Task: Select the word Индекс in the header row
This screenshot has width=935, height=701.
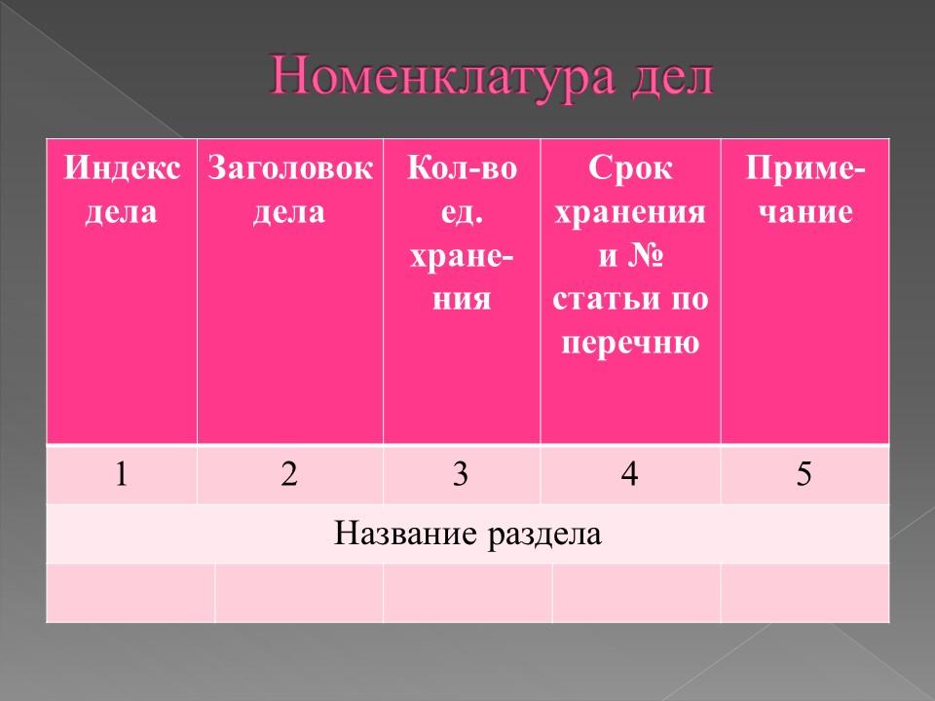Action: (x=123, y=169)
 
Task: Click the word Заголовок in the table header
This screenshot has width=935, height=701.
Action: (x=290, y=169)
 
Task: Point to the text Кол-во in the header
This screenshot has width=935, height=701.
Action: (x=462, y=169)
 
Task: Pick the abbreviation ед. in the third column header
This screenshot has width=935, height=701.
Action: (x=462, y=212)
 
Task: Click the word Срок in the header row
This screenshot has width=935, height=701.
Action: (x=630, y=169)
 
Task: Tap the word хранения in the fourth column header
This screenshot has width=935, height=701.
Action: (x=630, y=212)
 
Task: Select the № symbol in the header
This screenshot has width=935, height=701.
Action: (x=646, y=256)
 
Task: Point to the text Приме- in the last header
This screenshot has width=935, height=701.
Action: (x=804, y=169)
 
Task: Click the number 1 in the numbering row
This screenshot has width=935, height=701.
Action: (x=122, y=474)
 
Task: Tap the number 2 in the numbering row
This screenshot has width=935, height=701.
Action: (x=289, y=474)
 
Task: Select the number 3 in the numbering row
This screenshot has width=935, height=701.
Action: (x=461, y=474)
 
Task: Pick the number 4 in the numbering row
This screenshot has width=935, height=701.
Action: (x=630, y=474)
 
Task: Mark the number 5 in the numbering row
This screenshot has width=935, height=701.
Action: (x=804, y=474)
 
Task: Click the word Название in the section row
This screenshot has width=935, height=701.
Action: (x=397, y=533)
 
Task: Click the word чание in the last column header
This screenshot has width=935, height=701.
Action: (x=804, y=212)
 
